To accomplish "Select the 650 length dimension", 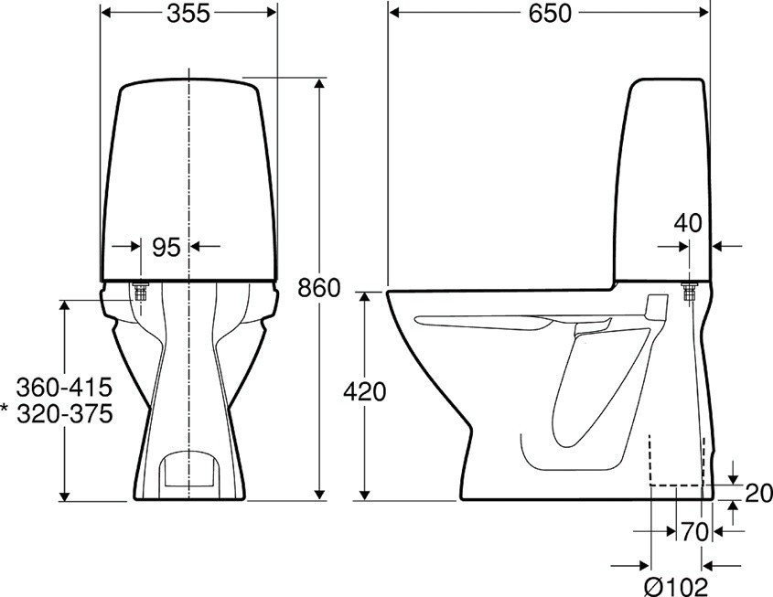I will tap(549, 13).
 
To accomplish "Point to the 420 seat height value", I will tap(365, 392).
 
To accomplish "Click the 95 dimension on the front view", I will tap(166, 247).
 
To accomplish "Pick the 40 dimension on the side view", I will tap(688, 222).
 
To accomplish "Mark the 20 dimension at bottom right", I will tap(756, 494).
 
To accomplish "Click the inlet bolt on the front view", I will tap(142, 292).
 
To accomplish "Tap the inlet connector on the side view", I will tap(689, 292).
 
